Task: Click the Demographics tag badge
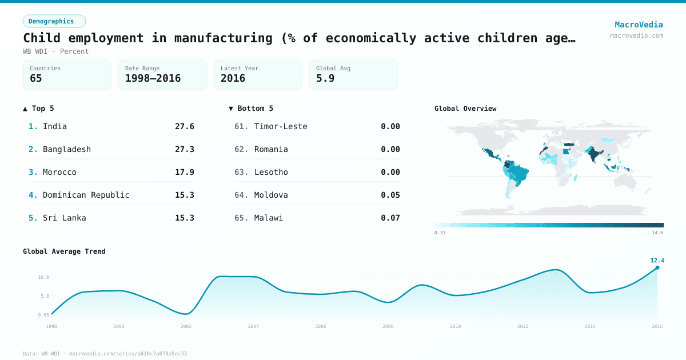coord(54,21)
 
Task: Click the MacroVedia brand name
coord(639,25)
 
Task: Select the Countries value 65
coord(36,78)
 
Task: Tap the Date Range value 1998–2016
coord(153,78)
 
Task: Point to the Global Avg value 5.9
coord(325,78)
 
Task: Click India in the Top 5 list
coord(55,126)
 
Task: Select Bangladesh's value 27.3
coord(184,149)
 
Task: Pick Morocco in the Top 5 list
coord(59,172)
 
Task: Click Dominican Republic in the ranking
coord(86,195)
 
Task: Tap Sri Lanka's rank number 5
coord(33,218)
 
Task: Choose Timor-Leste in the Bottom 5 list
coord(281,126)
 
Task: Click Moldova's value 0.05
coord(390,195)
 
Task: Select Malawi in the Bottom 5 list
coord(269,218)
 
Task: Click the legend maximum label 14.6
coord(657,233)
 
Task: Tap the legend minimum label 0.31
coord(440,233)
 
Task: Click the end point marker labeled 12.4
coord(657,267)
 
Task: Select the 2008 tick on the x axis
coord(388,326)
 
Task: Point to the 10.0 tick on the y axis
coord(43,277)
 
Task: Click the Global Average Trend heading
coord(64,251)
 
